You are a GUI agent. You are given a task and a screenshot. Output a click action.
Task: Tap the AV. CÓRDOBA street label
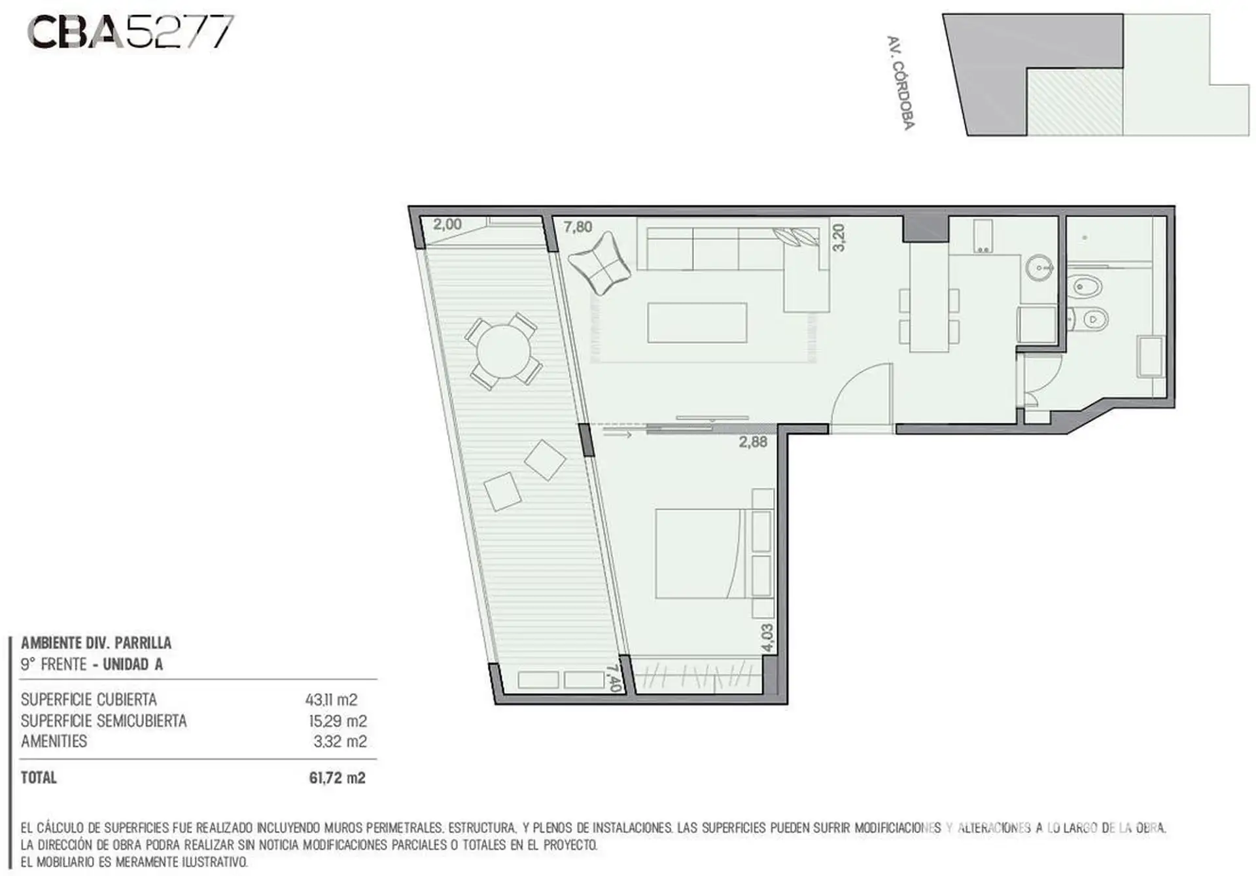pos(900,82)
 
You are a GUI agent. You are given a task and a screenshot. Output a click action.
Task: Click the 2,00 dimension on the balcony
pos(447,224)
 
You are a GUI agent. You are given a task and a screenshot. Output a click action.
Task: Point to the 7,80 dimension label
pos(578,227)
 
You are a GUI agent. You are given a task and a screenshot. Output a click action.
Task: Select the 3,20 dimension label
pos(838,237)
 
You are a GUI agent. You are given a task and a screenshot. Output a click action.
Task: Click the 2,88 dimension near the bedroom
pos(753,442)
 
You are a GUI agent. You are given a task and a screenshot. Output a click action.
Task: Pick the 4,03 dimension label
pos(767,637)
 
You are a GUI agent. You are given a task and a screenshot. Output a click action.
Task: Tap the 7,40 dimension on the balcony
pos(613,678)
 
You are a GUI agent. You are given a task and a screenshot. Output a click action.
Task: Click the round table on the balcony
pos(503,351)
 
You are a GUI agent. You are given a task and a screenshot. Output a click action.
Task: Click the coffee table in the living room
pos(697,323)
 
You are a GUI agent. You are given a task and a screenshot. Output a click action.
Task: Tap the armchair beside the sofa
pos(599,263)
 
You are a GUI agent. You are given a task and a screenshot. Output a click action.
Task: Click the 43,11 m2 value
pos(331,700)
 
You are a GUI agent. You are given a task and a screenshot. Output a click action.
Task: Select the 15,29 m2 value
pos(338,721)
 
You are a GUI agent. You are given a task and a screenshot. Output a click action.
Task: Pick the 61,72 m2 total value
pos(337,778)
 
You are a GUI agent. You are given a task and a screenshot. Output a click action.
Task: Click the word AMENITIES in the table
pos(54,741)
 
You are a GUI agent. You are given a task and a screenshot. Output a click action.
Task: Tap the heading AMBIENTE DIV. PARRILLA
pos(96,643)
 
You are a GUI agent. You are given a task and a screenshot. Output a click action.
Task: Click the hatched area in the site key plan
pos(1074,102)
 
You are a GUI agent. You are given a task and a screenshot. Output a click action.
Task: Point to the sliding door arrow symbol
pos(617,433)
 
